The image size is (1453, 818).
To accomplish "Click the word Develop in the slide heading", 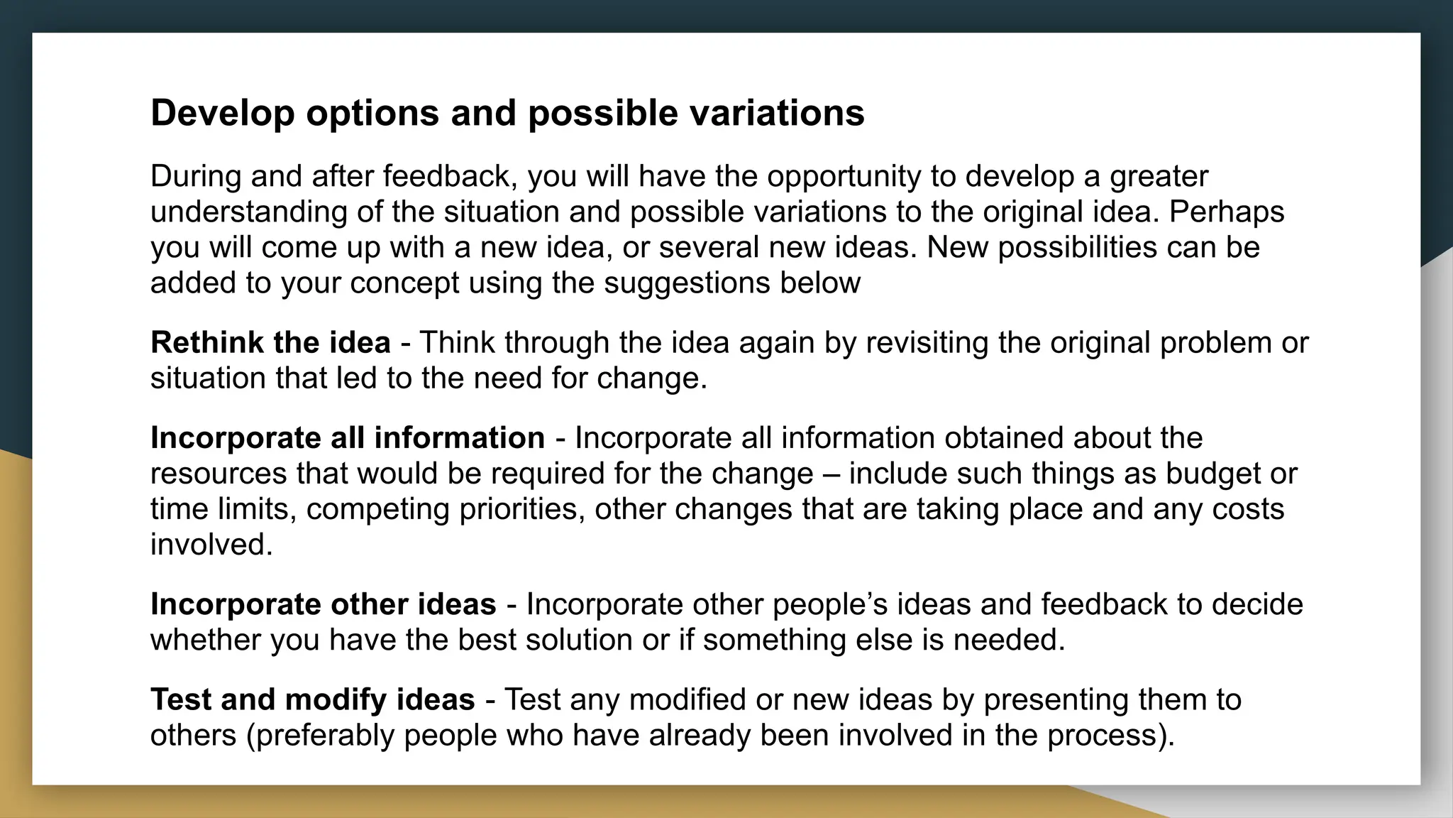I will click(223, 113).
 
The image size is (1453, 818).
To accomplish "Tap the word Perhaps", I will click(1227, 212).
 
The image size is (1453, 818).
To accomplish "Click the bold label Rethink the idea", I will click(270, 343).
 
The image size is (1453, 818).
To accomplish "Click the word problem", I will click(1215, 343).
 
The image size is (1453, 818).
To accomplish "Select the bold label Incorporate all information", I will click(348, 438).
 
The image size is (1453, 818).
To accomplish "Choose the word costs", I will click(1247, 509).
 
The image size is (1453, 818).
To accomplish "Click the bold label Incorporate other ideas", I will click(323, 604).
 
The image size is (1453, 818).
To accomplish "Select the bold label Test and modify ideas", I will click(312, 699).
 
